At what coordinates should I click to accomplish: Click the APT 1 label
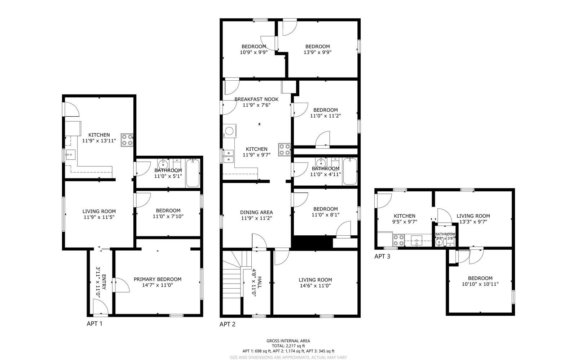pos(94,324)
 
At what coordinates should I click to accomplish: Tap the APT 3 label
pos(382,257)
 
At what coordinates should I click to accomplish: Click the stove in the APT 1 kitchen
pos(127,140)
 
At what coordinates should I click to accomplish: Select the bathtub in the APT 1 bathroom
pos(193,173)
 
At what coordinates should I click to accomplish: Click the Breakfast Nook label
pos(256,99)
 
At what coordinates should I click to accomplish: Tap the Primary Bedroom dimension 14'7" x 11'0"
pos(158,285)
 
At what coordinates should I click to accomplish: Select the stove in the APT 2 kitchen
pos(284,150)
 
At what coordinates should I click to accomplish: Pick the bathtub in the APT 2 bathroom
pos(349,171)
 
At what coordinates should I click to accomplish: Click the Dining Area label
pos(256,212)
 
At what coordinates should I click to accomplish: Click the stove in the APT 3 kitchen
pos(398,240)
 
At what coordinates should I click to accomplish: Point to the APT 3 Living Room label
pos(473,216)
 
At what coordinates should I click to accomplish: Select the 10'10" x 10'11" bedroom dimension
pos(480,284)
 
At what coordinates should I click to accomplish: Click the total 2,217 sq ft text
pos(288,346)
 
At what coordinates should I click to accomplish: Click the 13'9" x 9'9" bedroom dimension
pos(317,52)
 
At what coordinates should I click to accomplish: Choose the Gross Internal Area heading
pos(288,341)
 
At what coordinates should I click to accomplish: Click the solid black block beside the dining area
pos(312,242)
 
